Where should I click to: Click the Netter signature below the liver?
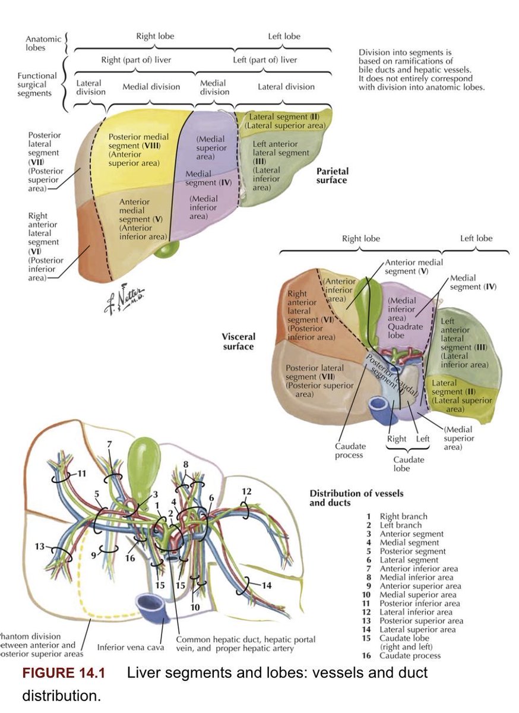[124, 298]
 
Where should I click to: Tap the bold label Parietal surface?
[331, 176]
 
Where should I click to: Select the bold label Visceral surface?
[239, 342]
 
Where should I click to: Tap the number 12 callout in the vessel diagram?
[246, 491]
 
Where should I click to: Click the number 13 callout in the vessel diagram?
[39, 546]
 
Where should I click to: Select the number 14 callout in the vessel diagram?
[267, 585]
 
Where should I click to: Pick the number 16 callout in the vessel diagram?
[130, 558]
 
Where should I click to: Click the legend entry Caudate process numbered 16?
[401, 656]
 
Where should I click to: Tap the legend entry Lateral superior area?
[411, 629]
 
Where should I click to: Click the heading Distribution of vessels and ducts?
[356, 498]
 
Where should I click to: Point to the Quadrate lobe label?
[405, 331]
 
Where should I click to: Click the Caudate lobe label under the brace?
[409, 464]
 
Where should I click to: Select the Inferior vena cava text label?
[131, 648]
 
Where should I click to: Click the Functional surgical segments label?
[37, 84]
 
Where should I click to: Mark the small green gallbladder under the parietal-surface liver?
[167, 250]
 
